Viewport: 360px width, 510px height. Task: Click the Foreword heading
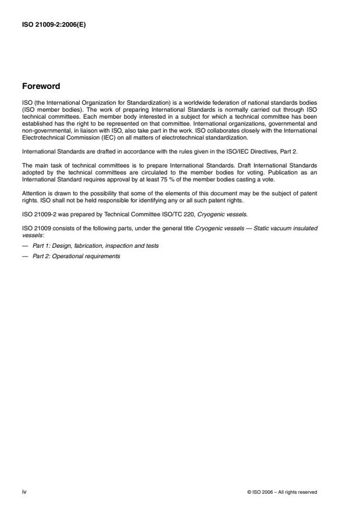(41, 87)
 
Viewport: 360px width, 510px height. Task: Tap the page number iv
(24, 491)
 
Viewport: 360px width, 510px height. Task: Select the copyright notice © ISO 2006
(282, 492)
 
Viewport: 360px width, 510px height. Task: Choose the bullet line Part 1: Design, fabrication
(95, 246)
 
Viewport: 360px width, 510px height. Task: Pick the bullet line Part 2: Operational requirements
(76, 256)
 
